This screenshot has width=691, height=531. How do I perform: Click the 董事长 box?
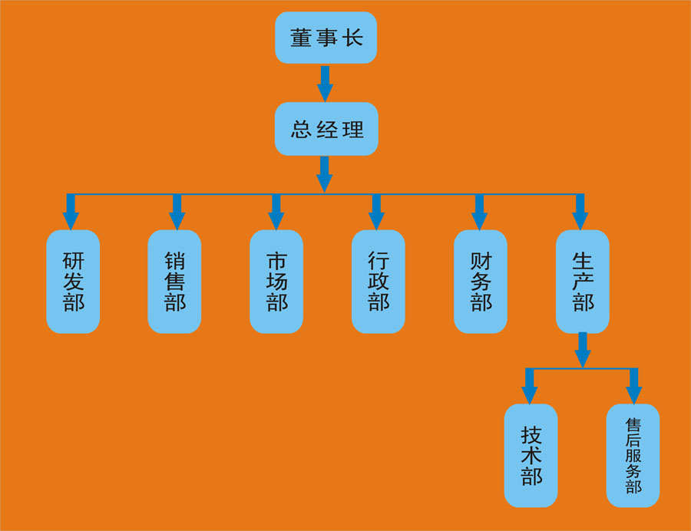(x=326, y=38)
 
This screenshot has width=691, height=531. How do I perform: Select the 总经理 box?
(x=326, y=129)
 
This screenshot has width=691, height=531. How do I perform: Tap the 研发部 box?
(x=73, y=281)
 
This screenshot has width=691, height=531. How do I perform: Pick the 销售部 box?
(x=174, y=281)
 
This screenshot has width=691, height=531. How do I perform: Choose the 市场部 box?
(x=276, y=281)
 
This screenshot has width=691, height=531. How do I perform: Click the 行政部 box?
(x=378, y=281)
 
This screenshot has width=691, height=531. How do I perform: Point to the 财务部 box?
(x=480, y=281)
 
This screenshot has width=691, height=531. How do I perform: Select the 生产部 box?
(x=582, y=281)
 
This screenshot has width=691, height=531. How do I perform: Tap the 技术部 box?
(x=531, y=455)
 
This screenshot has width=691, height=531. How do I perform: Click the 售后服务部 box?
(x=633, y=455)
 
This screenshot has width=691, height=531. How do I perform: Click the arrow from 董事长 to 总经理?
(x=325, y=83)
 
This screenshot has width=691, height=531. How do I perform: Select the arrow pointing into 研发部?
(x=71, y=212)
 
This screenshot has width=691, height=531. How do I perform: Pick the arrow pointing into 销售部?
(x=177, y=212)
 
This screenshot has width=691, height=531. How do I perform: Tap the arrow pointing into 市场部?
(x=276, y=212)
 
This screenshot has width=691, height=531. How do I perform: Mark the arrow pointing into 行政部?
(x=376, y=212)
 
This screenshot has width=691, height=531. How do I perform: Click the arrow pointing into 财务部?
(x=479, y=212)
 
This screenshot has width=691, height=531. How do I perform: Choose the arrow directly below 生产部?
(x=583, y=350)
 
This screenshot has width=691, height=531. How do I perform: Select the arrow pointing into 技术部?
(x=529, y=386)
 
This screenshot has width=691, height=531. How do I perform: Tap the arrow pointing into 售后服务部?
(x=633, y=386)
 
